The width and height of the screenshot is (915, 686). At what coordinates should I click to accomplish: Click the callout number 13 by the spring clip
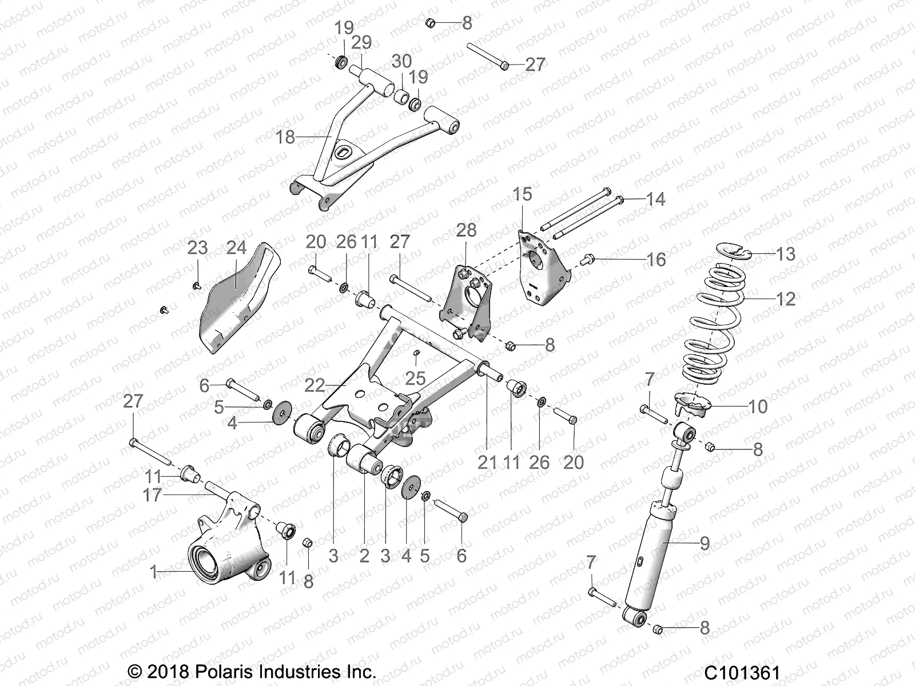click(785, 254)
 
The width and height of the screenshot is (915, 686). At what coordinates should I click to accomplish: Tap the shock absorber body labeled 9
click(652, 566)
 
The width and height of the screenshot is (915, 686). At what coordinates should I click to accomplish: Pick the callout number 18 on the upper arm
click(285, 137)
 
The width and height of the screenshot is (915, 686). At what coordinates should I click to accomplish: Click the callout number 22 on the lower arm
click(315, 385)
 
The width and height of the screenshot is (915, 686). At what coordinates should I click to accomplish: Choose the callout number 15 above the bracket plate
click(522, 194)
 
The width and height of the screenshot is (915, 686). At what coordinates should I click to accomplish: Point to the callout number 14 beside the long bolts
click(655, 199)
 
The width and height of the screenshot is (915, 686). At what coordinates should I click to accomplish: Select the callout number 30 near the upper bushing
click(401, 61)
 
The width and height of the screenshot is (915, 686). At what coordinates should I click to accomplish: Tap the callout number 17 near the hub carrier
click(152, 494)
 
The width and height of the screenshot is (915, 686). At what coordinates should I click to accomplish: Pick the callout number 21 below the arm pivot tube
click(487, 462)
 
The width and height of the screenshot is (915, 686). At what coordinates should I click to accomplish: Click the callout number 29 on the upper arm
click(361, 42)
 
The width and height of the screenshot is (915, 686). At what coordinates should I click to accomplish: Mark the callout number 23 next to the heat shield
click(198, 248)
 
